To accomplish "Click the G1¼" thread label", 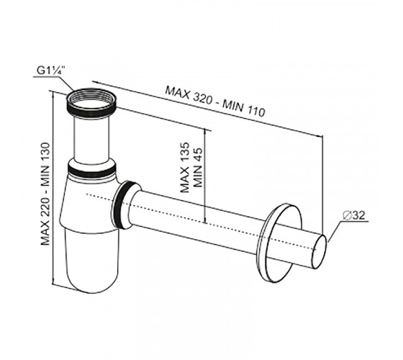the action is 51,71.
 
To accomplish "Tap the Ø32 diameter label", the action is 354,215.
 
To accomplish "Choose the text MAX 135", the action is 185,167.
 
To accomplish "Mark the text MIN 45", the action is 198,167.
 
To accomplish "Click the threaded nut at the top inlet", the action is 91,102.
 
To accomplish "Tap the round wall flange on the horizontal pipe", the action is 280,243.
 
